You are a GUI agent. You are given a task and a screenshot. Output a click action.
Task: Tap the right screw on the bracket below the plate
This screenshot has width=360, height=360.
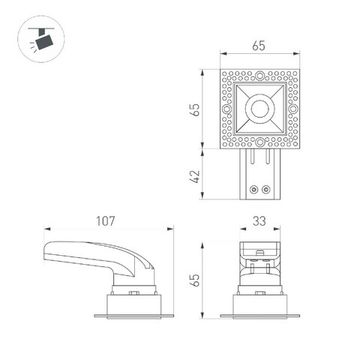267,185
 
